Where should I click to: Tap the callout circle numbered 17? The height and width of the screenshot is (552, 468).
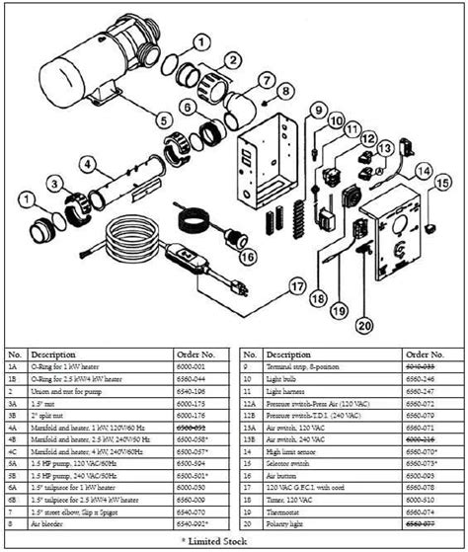(x=295, y=286)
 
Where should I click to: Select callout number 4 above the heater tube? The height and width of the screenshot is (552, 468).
(x=87, y=165)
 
